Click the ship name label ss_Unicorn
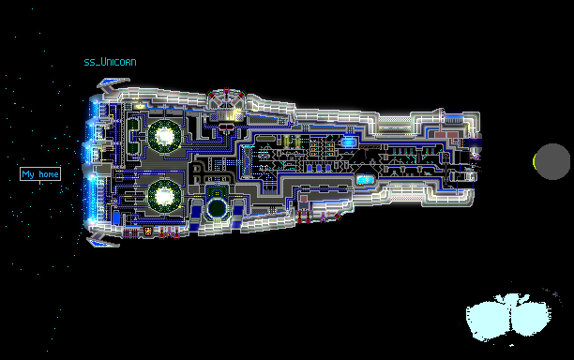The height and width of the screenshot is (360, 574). (110, 62)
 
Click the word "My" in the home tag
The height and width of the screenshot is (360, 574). (28, 174)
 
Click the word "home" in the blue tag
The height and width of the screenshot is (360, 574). (49, 174)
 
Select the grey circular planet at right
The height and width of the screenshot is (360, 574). (552, 161)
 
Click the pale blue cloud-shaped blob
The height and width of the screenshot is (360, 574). (508, 317)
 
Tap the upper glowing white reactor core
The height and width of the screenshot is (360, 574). (164, 136)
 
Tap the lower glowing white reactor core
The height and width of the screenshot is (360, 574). (164, 196)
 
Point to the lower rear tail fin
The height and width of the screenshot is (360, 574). (102, 240)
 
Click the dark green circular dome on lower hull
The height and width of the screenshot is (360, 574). (217, 208)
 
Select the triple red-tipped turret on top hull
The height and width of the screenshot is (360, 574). (227, 98)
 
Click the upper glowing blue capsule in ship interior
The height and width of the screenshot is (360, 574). (349, 142)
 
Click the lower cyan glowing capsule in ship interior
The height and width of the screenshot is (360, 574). (365, 180)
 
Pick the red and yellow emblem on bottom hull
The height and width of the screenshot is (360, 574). (148, 231)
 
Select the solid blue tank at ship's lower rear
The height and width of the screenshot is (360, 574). (116, 217)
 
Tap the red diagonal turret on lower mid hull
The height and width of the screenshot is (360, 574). (338, 217)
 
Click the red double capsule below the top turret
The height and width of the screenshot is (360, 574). (227, 127)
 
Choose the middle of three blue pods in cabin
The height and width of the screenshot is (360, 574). (319, 168)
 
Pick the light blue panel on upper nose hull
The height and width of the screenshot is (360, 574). (454, 118)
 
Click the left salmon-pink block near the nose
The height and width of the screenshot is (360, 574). (441, 135)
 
